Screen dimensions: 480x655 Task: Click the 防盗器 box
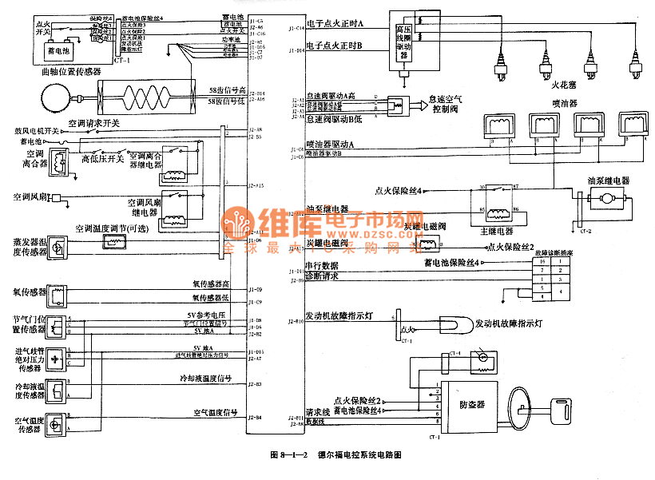click(471, 405)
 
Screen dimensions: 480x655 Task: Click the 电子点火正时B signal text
click(335, 46)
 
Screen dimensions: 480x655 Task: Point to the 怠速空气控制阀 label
click(446, 105)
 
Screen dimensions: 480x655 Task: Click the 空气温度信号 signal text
click(216, 413)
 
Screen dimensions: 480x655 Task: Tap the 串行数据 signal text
click(322, 265)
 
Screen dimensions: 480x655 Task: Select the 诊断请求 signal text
click(322, 277)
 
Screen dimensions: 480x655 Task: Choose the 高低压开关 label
click(102, 159)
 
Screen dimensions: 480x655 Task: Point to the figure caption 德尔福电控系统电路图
click(359, 454)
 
